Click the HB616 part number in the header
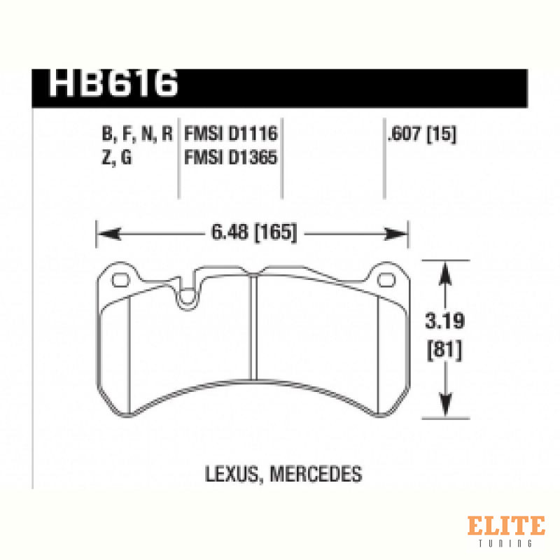113,83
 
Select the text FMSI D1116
231,134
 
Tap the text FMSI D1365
231,157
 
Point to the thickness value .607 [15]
422,134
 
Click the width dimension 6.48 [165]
254,232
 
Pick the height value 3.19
445,321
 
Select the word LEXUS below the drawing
232,475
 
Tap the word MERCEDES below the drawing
316,474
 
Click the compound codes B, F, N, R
137,134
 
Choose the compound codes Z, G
117,157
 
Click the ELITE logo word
506,525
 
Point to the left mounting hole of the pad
120,281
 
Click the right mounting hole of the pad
386,281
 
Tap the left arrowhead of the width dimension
108,234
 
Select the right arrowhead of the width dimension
395,234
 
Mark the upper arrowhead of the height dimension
445,273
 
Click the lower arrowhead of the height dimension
445,405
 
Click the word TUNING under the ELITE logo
505,543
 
